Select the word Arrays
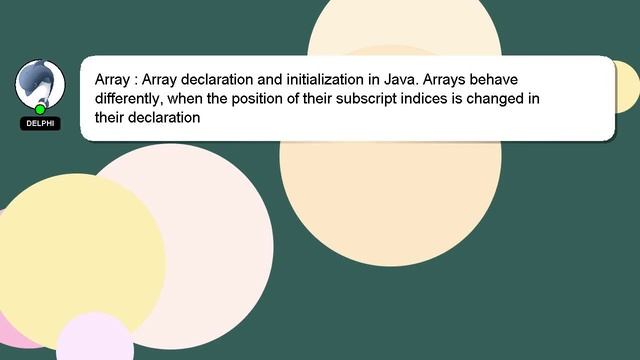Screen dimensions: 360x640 tap(447, 78)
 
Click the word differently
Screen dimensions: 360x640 tap(132, 97)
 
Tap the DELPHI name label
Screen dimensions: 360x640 tap(40, 124)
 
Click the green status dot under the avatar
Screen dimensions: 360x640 tap(40, 109)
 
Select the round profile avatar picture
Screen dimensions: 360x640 tap(40, 84)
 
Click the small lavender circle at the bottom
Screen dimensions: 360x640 tap(95, 341)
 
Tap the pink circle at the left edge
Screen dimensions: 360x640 tap(12, 330)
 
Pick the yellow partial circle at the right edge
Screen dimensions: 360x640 tap(628, 87)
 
